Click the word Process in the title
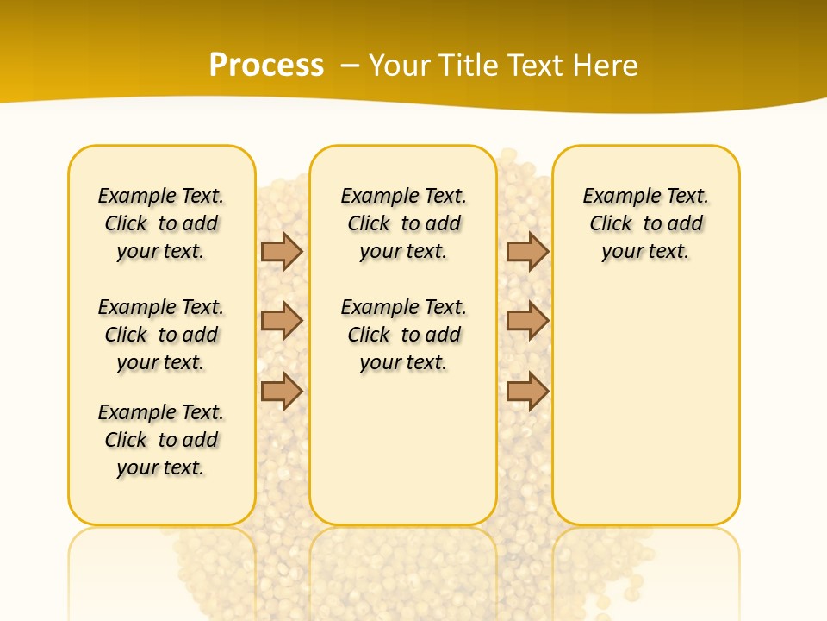266,65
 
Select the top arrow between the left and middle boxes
282,251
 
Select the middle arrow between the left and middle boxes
282,321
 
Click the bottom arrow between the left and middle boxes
282,391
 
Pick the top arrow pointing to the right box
527,251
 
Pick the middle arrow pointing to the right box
527,321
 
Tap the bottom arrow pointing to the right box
527,391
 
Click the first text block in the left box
161,223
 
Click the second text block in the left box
161,335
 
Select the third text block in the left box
161,440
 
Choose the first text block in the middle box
404,223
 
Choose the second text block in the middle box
404,335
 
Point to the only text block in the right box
646,223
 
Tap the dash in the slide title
350,66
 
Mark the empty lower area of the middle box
404,448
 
